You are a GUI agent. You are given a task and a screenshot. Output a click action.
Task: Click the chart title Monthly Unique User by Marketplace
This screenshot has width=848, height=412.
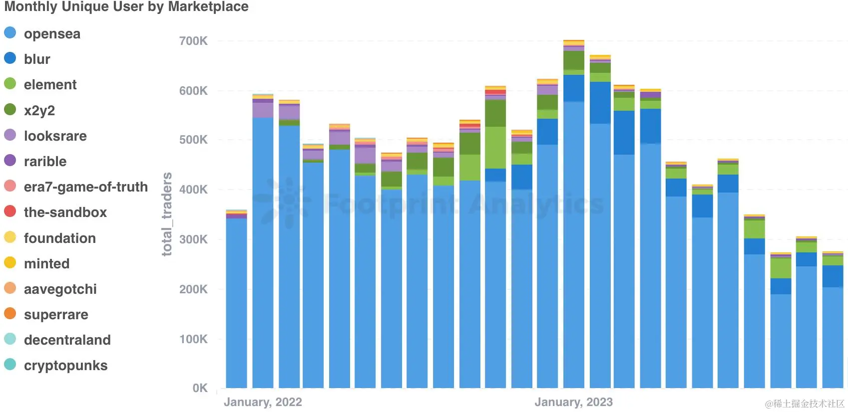pos(126,7)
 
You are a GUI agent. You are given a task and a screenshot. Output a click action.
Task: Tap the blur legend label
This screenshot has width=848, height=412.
pos(37,59)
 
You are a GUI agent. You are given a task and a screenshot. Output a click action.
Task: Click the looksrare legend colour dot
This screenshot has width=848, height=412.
pos(10,135)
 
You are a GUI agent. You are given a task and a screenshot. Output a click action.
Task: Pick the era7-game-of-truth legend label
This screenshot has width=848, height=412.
pos(86,187)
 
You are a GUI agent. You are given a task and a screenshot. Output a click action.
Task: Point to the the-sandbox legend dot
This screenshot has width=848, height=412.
pos(10,211)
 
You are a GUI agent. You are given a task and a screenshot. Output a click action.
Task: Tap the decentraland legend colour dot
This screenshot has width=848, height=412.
pos(10,339)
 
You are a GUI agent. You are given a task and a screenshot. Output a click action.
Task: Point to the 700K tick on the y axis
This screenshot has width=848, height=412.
pos(193,41)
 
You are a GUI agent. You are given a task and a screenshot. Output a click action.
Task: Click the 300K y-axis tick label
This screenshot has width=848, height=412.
pos(193,239)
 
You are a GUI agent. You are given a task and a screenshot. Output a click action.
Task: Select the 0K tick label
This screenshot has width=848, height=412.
pos(200,388)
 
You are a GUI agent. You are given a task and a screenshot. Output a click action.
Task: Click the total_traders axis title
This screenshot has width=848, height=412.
pos(167,214)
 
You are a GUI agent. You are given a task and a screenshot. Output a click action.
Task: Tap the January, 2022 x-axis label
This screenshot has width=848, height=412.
pos(263,402)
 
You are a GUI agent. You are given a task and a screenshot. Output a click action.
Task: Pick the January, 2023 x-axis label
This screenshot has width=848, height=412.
pos(573,402)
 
